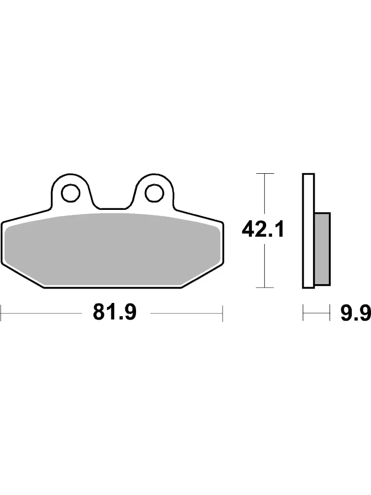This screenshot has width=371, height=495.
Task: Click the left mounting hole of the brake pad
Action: pos(71,193)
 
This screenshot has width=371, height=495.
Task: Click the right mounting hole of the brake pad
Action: pos(154,193)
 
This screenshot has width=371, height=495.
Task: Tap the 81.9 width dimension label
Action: pos(115,312)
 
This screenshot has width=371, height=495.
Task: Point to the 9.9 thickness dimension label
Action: pos(355,313)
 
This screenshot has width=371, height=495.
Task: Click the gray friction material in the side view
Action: pos(323,249)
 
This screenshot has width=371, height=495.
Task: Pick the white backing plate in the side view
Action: pos(309,231)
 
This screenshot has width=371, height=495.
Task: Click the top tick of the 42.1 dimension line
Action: pos(265,173)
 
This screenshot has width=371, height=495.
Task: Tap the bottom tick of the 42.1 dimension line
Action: pos(265,288)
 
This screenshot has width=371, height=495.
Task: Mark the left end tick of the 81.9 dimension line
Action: pos(1,313)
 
